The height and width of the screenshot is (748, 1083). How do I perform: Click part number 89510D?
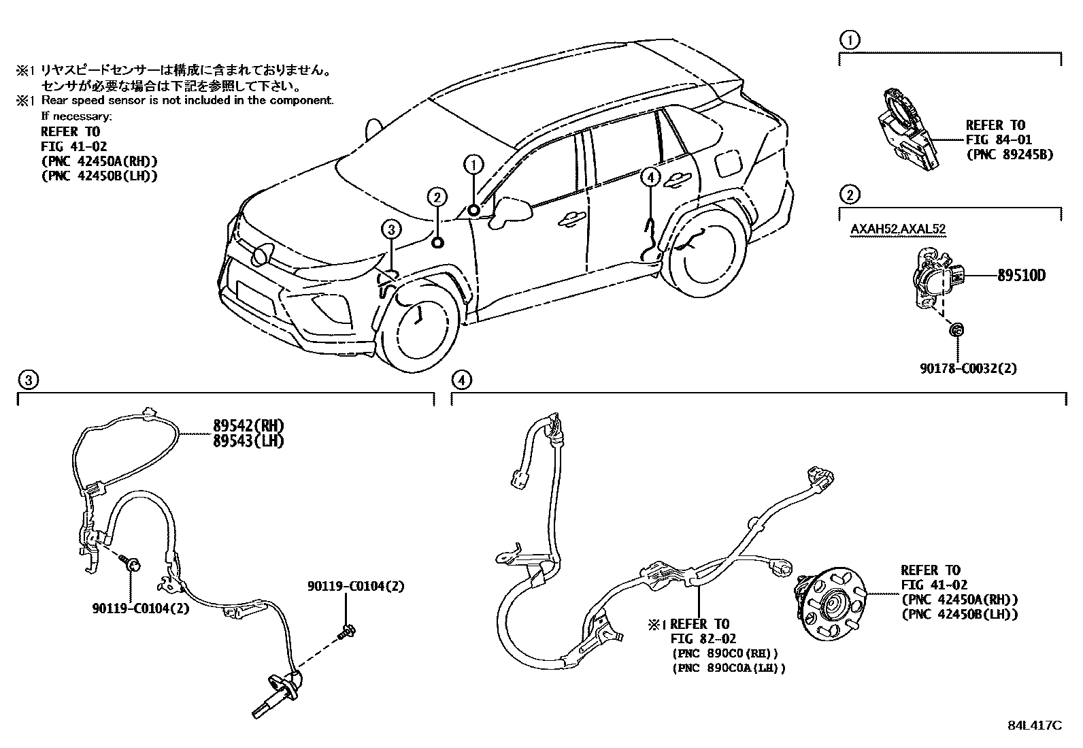pos(1020,276)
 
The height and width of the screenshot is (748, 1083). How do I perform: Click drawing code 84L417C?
pos(1034,725)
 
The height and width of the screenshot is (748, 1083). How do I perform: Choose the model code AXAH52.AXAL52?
pos(897,229)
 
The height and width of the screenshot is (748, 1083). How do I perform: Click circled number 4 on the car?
pos(651,178)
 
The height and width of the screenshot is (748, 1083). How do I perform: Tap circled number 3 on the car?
pos(392,229)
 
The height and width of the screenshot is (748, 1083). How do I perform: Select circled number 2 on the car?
pos(437,197)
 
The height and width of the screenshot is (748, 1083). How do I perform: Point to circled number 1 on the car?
pos(473,163)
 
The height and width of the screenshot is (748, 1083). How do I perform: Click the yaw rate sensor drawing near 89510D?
pos(935,280)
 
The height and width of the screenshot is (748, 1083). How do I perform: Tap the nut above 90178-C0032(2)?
pos(956,330)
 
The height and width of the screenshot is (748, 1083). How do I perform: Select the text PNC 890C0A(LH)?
pos(728,668)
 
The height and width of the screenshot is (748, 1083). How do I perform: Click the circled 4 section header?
pos(461,380)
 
